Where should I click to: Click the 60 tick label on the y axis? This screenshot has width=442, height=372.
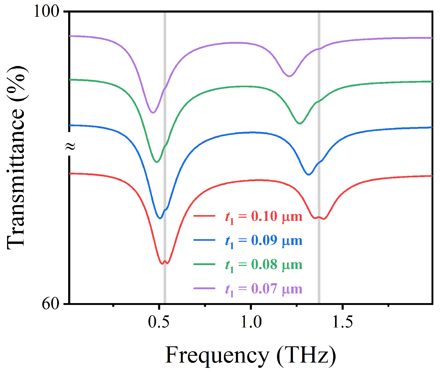pos(50,304)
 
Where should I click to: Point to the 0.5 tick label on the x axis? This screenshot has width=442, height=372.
pos(158,322)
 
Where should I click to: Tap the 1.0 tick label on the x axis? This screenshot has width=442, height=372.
pos(251,322)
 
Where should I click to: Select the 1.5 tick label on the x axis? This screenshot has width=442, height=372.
pos(342,322)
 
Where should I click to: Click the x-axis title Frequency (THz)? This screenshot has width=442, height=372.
pos(250,355)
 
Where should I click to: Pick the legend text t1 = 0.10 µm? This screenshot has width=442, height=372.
pos(263,217)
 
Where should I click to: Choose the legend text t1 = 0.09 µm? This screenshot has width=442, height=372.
pos(263,241)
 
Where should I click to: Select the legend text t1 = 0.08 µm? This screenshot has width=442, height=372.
pos(263,265)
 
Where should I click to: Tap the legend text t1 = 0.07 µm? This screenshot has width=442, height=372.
pos(263,289)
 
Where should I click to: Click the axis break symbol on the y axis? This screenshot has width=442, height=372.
pos(70,146)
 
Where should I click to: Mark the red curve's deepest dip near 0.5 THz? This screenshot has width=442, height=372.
pos(162,264)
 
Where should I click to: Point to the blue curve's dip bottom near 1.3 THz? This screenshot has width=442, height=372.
pos(309,174)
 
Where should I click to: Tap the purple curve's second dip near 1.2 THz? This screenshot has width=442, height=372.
pos(289,76)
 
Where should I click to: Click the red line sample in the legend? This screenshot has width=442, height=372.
pos(204,216)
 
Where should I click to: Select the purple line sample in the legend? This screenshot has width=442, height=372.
pos(204,288)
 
